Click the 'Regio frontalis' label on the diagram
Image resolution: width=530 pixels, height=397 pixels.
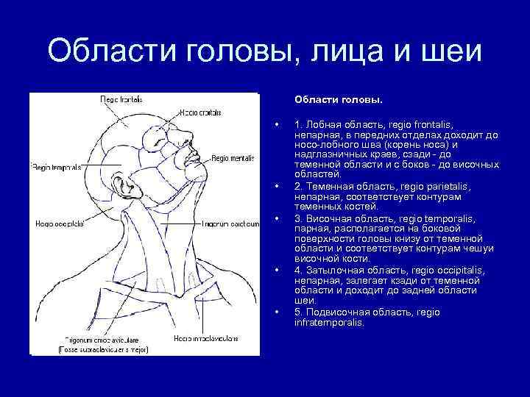coord(121,99)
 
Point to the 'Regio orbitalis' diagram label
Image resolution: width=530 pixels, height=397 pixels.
coord(199,112)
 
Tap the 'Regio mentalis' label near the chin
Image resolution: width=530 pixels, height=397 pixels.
coord(234,157)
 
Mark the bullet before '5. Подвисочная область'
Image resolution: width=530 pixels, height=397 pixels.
coord(275,312)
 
